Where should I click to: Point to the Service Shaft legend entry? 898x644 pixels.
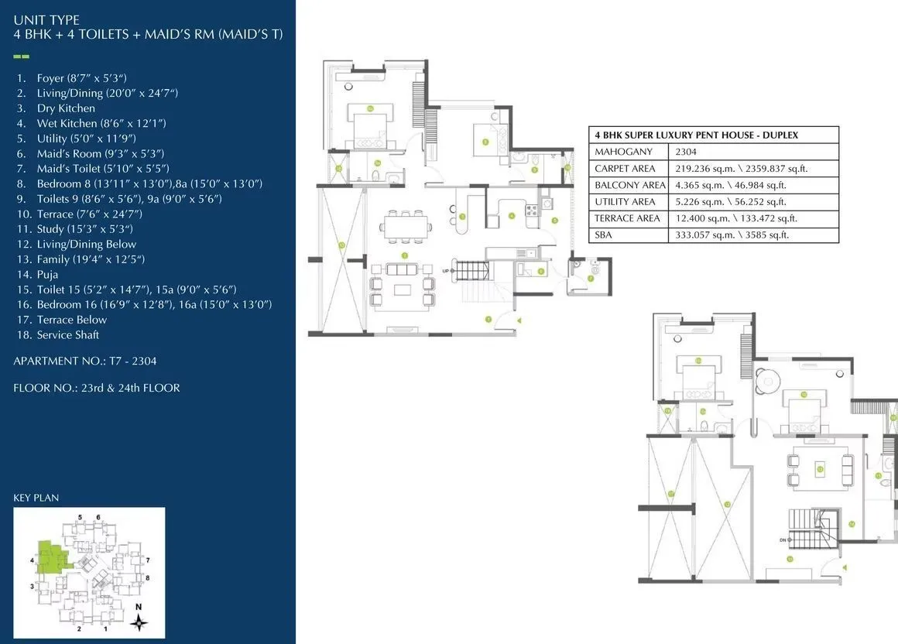tap(68, 335)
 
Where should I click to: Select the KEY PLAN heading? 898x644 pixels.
tap(36, 498)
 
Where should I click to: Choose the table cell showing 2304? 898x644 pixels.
tap(685, 152)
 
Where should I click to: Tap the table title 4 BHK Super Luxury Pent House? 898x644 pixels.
tap(695, 135)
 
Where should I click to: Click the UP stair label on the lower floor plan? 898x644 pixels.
tap(445, 270)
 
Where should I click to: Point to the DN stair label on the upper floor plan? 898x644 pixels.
tap(783, 540)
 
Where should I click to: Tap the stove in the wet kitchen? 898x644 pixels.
tap(532, 211)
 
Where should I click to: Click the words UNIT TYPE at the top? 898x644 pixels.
tap(46, 20)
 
